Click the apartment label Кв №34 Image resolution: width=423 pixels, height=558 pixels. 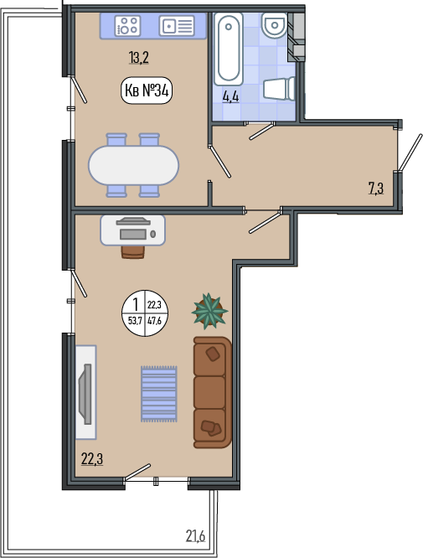point(147,90)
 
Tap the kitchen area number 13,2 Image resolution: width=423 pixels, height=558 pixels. point(139,57)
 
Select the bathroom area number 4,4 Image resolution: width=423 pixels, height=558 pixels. point(230,96)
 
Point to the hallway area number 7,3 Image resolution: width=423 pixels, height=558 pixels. point(376,188)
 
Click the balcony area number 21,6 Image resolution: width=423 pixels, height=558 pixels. point(196,535)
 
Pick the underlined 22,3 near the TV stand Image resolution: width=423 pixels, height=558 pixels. point(92,458)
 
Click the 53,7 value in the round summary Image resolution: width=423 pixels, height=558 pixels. point(135,321)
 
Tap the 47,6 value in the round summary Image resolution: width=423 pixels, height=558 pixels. point(154,321)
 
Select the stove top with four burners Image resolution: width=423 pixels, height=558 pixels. point(127,26)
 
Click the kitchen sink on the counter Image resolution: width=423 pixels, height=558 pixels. point(177,26)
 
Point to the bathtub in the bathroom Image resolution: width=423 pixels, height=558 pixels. point(229,49)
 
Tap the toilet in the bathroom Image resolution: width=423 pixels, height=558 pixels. point(279,89)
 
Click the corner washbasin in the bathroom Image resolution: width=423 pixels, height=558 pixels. point(274,25)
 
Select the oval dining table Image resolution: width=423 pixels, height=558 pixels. point(133,165)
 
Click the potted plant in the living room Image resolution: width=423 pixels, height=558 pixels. point(209,311)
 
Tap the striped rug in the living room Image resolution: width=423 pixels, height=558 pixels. point(158,394)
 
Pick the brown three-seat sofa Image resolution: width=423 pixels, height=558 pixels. point(213,392)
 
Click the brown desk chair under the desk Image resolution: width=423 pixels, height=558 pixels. point(133,251)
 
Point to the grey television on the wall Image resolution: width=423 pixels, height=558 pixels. point(85,394)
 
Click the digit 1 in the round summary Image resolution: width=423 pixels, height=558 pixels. point(135,305)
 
